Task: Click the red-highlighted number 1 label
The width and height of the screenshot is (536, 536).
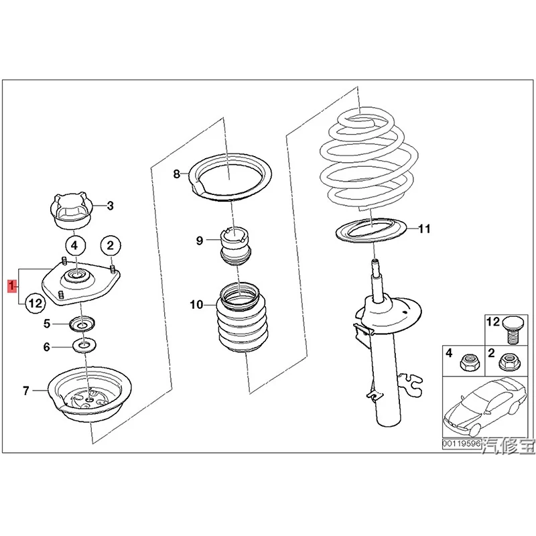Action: (11, 287)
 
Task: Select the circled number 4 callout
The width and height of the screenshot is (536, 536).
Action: (75, 245)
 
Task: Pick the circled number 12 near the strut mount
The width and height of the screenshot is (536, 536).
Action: (35, 305)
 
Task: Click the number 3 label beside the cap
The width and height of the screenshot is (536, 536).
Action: (111, 206)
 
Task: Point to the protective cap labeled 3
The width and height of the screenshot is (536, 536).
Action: (70, 209)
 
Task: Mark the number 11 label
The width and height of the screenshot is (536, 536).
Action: (423, 229)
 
